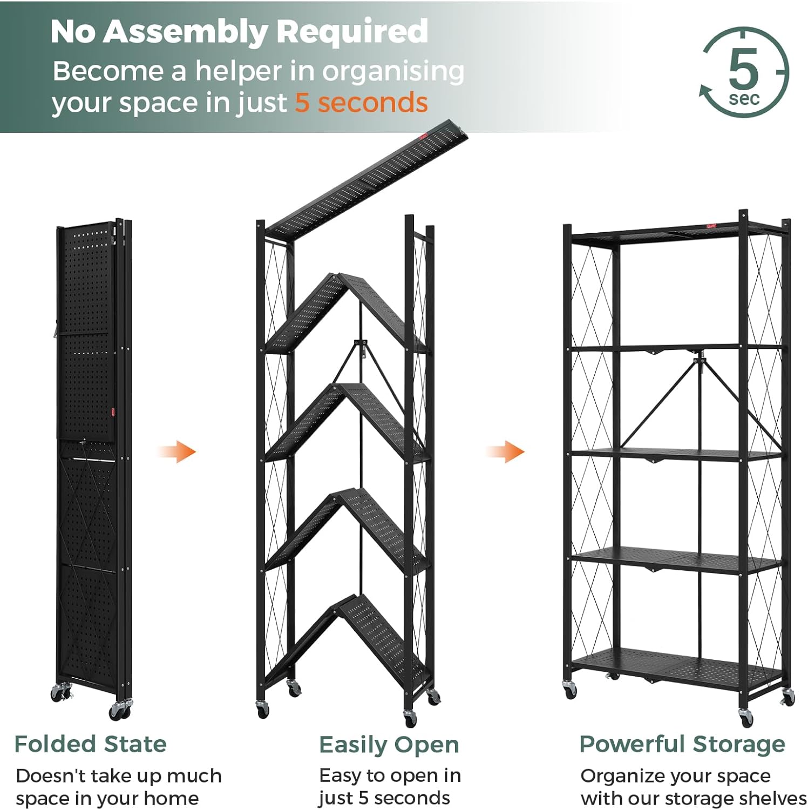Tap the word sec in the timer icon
click(744, 99)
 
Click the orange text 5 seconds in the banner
click(361, 103)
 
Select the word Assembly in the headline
click(185, 32)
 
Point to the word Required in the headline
click(352, 32)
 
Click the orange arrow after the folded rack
click(177, 451)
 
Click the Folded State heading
click(91, 744)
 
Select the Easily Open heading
click(389, 745)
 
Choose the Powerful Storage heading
click(682, 744)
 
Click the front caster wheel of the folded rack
click(120, 710)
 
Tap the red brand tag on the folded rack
click(113, 412)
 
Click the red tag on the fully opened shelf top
click(711, 227)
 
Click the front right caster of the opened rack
click(746, 717)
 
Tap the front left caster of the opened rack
click(570, 689)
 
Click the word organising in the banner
click(393, 72)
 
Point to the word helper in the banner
click(239, 72)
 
